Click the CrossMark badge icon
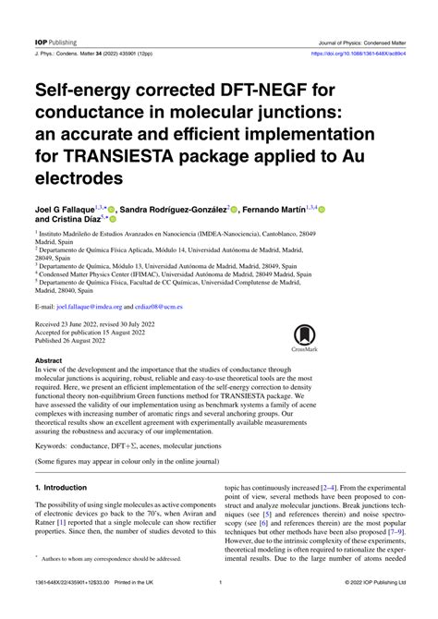304,339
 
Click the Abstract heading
48,361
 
